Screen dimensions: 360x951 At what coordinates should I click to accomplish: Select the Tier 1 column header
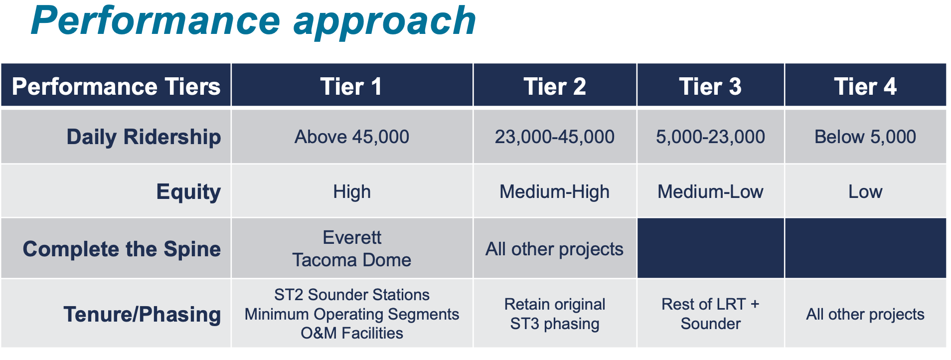click(351, 86)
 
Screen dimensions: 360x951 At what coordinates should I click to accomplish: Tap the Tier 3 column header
click(710, 86)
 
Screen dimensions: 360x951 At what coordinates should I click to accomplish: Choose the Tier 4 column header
click(865, 86)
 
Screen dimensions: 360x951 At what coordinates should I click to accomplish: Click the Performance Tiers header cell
click(116, 86)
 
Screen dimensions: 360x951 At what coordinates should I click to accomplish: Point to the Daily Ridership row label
click(144, 137)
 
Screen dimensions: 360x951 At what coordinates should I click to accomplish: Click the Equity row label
click(188, 191)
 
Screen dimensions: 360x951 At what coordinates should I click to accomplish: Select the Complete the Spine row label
click(122, 249)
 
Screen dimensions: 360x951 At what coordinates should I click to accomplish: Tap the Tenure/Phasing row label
click(142, 314)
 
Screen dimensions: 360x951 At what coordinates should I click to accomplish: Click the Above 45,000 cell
click(351, 137)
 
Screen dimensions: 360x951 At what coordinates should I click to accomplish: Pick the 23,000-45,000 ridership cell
click(554, 137)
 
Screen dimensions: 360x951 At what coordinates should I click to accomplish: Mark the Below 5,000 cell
click(865, 137)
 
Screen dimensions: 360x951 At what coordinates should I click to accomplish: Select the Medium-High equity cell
click(554, 191)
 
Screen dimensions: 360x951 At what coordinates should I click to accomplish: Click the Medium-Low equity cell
click(710, 191)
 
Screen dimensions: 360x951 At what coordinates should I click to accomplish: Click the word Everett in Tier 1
click(351, 237)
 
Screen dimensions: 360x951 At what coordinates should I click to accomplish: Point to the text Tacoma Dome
click(351, 260)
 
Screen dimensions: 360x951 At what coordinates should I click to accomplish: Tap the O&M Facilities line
click(351, 333)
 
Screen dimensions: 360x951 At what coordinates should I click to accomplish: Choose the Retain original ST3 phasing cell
click(554, 314)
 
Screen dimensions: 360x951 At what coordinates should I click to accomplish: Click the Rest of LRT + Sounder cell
click(710, 314)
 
